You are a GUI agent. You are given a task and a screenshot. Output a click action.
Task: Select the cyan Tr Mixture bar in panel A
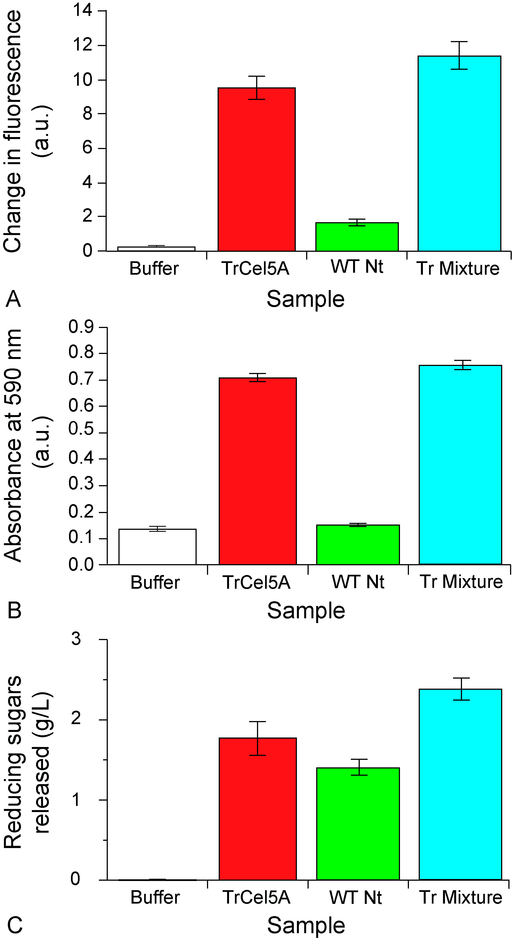click(459, 154)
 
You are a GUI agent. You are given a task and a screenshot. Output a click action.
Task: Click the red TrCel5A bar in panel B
click(258, 471)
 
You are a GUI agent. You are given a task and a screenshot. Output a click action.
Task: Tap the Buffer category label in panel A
click(154, 269)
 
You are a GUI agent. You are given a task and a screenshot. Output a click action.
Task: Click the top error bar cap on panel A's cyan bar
click(459, 42)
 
